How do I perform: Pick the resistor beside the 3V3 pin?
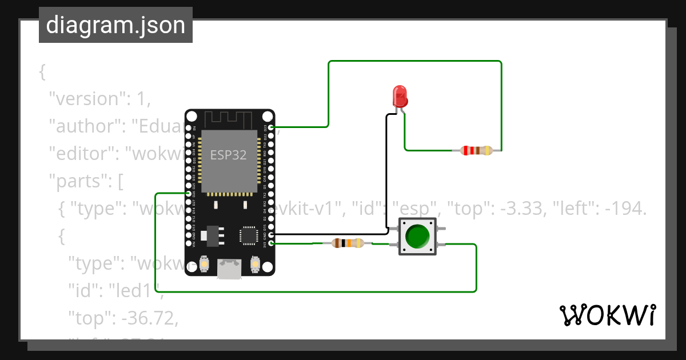[x=347, y=243]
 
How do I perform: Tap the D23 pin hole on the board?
[x=271, y=127]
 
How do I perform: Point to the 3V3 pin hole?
[x=271, y=243]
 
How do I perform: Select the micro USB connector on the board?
[x=229, y=270]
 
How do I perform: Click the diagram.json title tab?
[x=115, y=25]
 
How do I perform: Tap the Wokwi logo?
[x=607, y=315]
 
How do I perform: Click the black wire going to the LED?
[x=386, y=171]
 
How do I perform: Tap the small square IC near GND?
[x=249, y=235]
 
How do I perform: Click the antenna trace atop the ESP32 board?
[x=229, y=119]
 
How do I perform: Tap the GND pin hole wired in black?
[x=271, y=234]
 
